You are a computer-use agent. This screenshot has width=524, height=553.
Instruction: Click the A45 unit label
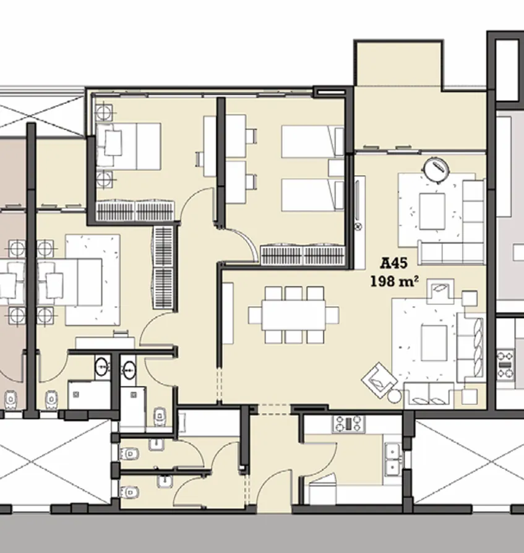pos(394,264)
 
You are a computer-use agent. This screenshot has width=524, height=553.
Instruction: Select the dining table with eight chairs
pos(293,315)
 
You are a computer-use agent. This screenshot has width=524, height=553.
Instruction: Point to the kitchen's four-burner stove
pos(349,424)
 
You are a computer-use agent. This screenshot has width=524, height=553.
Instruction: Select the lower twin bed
pos(312,195)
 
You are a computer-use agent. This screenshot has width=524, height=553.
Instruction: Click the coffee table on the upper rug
pos(432,211)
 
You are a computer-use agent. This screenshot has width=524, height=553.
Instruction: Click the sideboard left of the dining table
pos(228,313)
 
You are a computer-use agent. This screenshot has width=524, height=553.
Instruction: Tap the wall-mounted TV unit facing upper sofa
pos(359,204)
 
